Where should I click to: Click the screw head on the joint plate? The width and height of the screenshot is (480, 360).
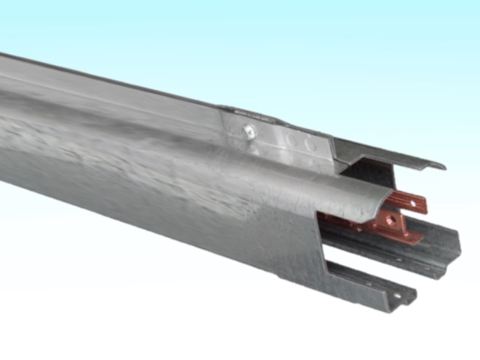pyautogui.click(x=249, y=131)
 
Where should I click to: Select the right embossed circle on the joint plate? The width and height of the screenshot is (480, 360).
pyautogui.click(x=308, y=142)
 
